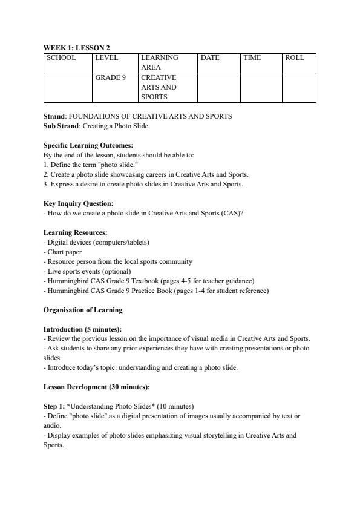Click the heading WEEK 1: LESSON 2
[76, 48]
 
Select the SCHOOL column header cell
[61, 58]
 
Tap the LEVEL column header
[106, 58]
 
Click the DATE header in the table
[210, 58]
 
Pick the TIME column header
[252, 58]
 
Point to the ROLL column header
[295, 58]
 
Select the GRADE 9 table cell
[110, 78]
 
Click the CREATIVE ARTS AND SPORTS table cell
[159, 87]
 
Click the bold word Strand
[54, 116]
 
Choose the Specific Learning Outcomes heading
[88, 145]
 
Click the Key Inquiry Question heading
[78, 203]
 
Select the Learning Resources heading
[76, 232]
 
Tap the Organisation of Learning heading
[82, 310]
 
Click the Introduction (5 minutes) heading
[82, 329]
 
